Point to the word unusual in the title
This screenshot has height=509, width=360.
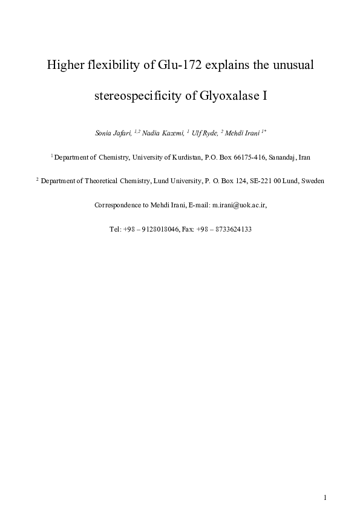290,65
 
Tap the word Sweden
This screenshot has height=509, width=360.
313,181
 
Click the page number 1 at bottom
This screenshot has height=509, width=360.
325,497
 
